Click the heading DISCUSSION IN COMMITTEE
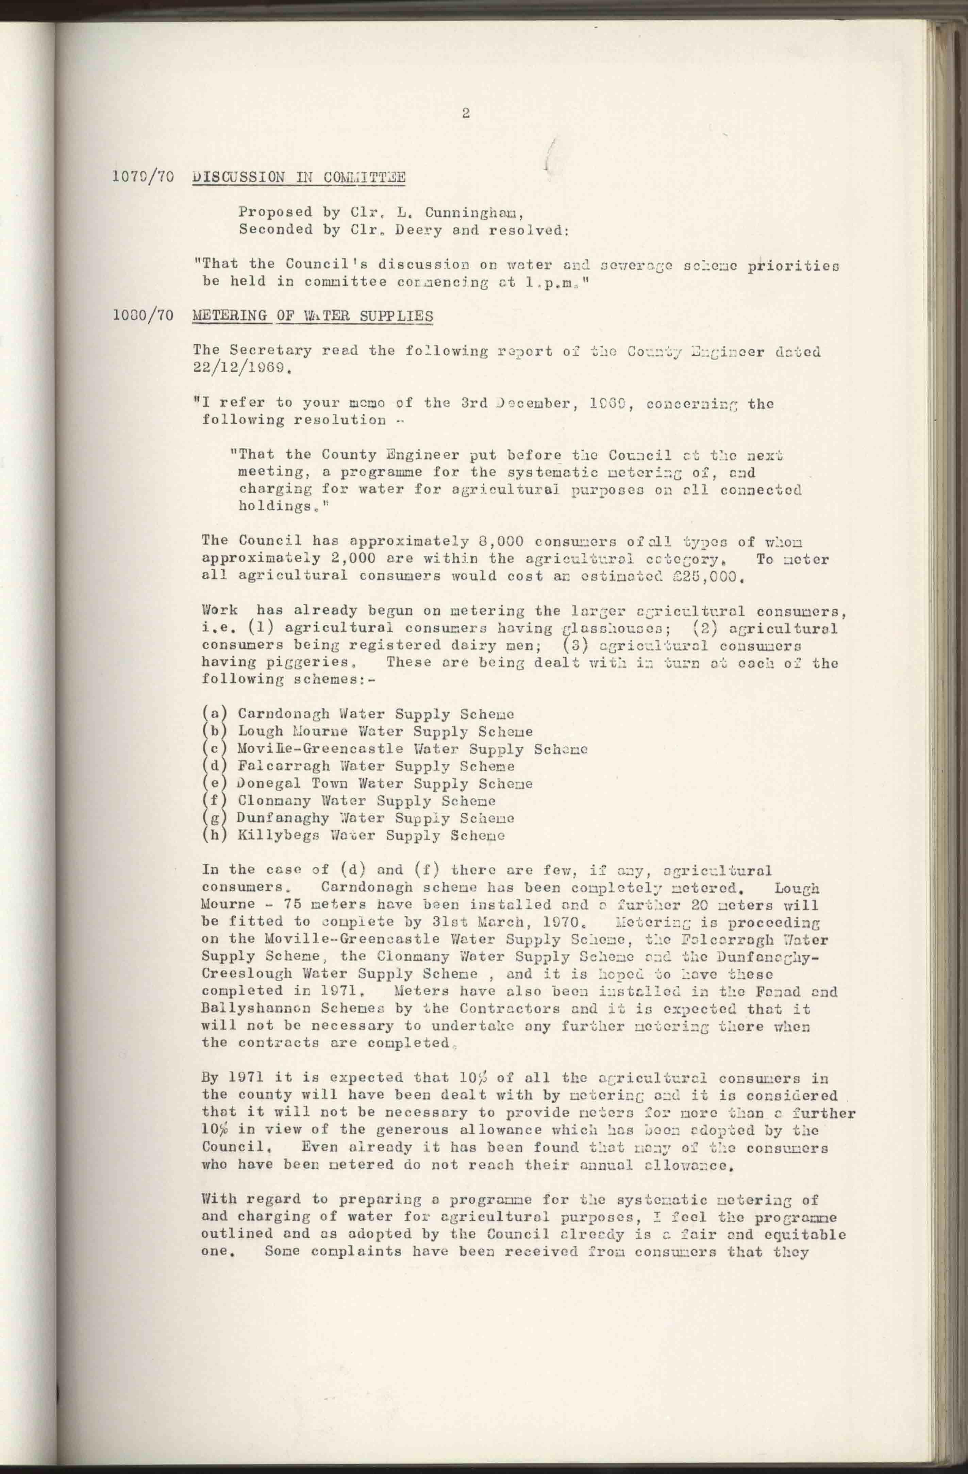(x=299, y=178)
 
